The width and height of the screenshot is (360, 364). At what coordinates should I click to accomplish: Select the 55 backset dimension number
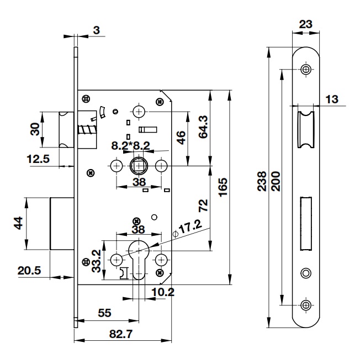point(104,313)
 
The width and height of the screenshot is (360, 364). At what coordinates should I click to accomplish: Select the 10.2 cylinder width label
point(162,292)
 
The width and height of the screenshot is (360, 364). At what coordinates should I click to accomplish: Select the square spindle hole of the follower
point(138,166)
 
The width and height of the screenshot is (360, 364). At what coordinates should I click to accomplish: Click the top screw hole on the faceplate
point(305,70)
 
